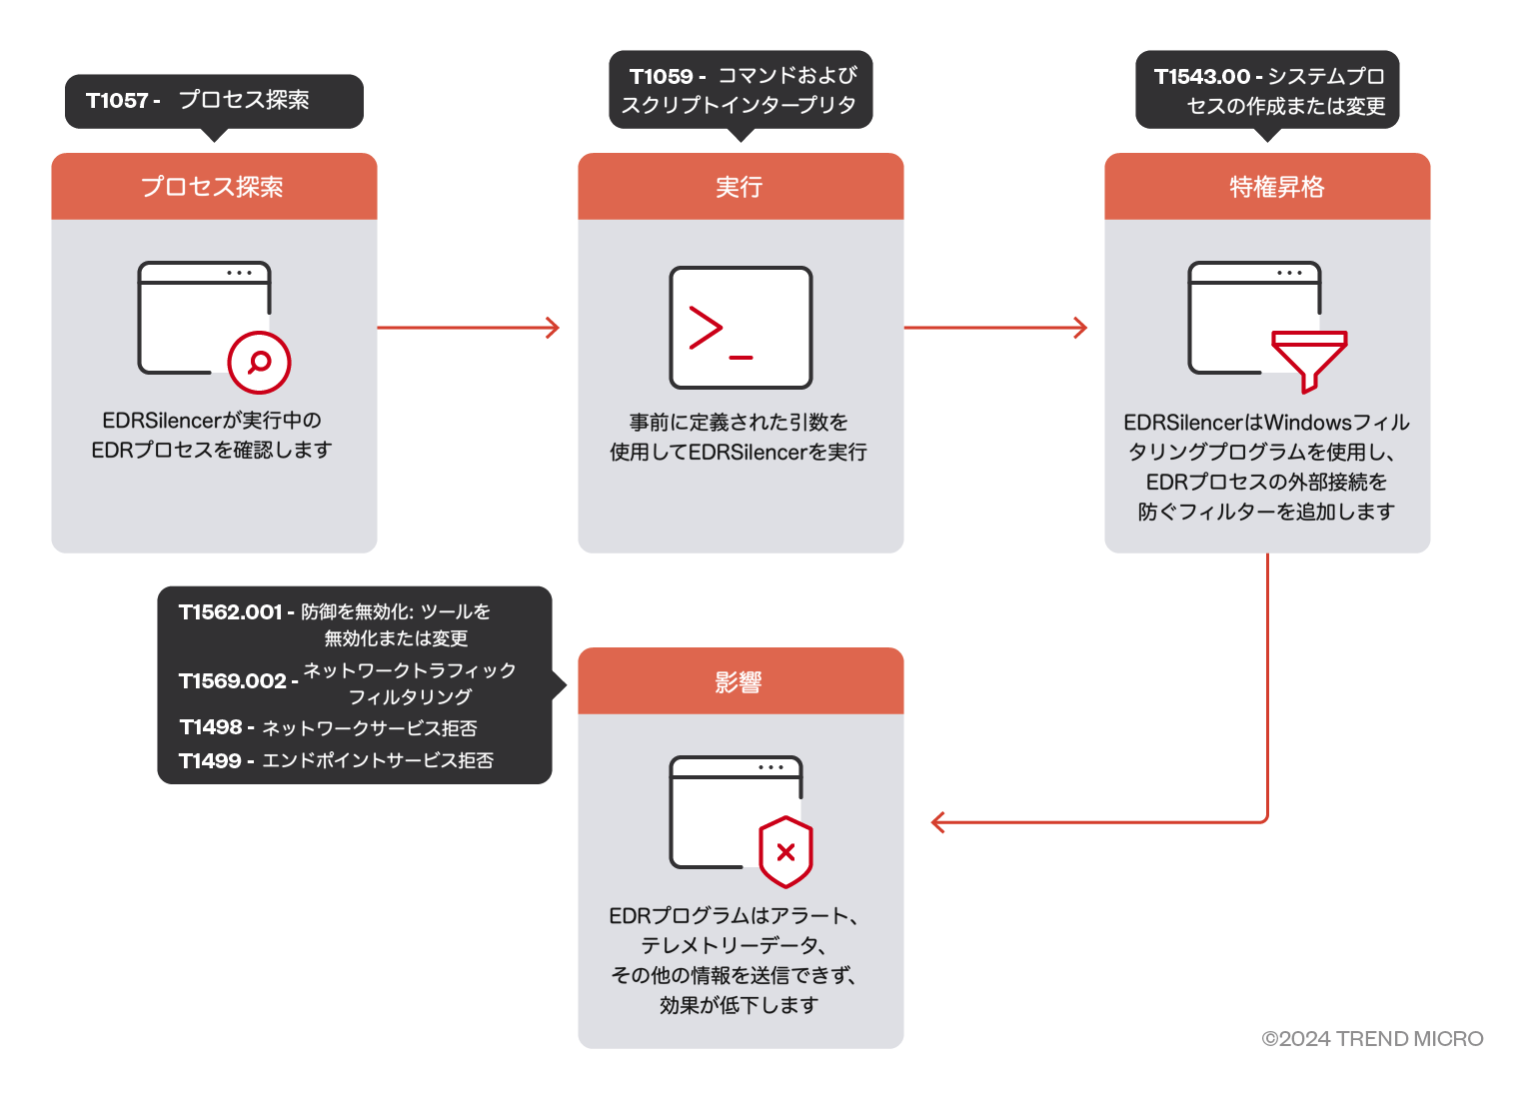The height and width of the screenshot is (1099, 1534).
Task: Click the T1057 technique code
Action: coord(117,101)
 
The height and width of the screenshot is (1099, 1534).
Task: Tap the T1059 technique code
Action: coord(661,77)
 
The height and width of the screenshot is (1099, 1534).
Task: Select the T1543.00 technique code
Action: coord(1201,77)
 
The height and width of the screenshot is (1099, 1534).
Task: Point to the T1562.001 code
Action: coord(230,612)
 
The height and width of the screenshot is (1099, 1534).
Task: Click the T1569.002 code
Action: coord(233,681)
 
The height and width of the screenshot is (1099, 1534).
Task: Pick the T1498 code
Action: coord(211,727)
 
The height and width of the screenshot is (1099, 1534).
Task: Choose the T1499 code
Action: coord(210,761)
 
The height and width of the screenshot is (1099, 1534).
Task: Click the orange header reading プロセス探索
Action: coord(214,187)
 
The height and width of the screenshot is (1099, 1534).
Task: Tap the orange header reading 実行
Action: coord(740,187)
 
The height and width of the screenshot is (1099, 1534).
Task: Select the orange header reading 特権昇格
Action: coord(1266,187)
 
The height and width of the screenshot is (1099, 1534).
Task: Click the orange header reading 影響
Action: coord(740,681)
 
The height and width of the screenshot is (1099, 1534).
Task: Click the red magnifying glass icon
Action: coord(259,362)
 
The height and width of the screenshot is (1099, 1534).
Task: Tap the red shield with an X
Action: coord(785,852)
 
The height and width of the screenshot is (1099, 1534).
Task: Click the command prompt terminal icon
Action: coord(740,328)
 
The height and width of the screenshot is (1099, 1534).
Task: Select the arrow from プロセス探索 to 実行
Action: coord(468,328)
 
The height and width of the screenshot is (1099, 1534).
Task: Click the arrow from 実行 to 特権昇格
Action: coord(994,328)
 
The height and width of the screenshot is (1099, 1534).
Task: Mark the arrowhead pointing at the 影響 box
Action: coord(938,822)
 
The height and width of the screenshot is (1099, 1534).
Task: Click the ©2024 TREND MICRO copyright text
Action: coord(1371,1039)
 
